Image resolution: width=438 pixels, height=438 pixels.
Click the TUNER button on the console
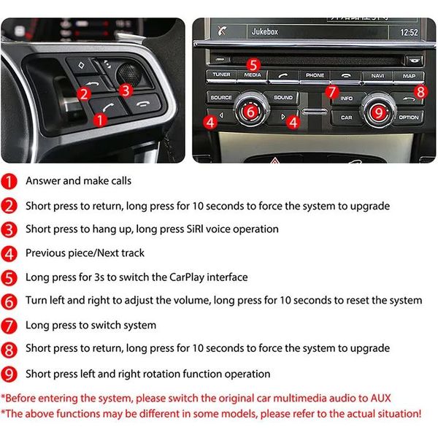[221, 75]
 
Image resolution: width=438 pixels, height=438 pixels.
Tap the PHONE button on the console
[315, 75]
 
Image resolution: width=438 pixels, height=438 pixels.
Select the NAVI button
[377, 76]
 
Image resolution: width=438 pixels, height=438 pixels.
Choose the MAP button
[409, 76]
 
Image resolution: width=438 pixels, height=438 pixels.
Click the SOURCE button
[221, 98]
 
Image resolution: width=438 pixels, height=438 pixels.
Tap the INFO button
[347, 99]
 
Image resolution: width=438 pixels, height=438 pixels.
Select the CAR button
[346, 118]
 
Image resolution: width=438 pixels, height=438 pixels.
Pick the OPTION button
[409, 118]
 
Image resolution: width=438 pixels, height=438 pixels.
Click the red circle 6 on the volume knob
[251, 112]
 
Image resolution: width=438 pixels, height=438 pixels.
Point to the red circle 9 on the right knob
[378, 113]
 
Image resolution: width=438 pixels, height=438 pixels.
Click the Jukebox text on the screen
[265, 31]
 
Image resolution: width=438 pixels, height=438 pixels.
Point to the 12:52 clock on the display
[409, 32]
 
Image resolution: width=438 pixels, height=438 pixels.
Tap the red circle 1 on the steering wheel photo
[100, 120]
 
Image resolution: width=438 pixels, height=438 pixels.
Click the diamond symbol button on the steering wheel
[82, 66]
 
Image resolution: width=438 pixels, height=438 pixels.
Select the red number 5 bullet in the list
[9, 278]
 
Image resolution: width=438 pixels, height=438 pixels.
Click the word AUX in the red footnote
[381, 398]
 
